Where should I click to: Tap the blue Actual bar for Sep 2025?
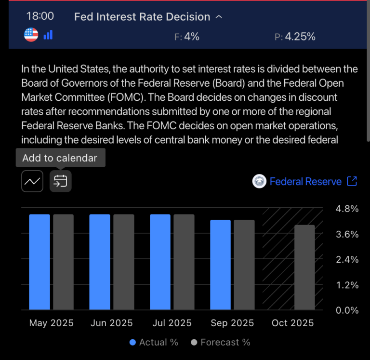[x=220, y=265]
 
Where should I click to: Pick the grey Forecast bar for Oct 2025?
[x=304, y=267]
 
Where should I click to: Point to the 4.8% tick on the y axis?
[x=346, y=209]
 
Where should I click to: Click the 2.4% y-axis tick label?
[x=346, y=260]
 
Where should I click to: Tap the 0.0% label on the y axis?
[x=346, y=310]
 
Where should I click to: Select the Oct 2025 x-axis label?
[x=292, y=323]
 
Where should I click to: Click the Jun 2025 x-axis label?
[x=112, y=323]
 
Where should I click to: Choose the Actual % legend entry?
[x=154, y=343]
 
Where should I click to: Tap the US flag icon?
[x=31, y=35]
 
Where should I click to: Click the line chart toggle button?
[x=32, y=181]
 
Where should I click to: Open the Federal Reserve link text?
[x=305, y=182]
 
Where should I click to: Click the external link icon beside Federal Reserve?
[x=352, y=181]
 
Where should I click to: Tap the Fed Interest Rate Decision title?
[x=142, y=17]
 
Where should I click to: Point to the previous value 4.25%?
[x=300, y=36]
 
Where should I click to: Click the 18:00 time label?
[x=40, y=16]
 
